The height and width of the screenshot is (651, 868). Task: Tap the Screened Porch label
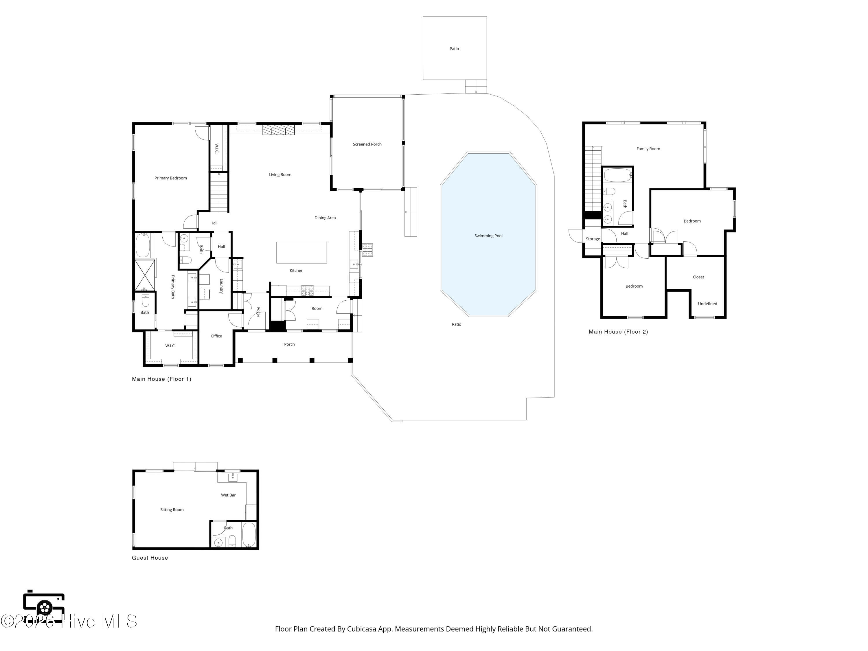pos(367,144)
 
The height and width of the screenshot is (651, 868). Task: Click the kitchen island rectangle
pos(301,253)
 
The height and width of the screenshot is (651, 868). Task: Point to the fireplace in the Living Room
pos(279,130)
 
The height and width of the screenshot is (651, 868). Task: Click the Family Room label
pos(648,149)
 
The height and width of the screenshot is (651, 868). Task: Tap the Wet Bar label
pos(228,495)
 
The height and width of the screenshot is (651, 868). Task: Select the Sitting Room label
pos(172,510)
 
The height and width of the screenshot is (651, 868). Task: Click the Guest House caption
pos(150,558)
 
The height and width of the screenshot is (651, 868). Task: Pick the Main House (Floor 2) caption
pos(618,332)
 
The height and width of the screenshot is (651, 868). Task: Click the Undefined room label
pos(707,304)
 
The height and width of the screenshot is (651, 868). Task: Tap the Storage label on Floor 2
pos(593,239)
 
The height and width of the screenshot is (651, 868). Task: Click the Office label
pos(217,336)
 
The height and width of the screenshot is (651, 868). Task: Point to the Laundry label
pos(221,286)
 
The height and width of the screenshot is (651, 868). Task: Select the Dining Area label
pos(325,218)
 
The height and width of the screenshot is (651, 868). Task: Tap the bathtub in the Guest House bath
pos(249,534)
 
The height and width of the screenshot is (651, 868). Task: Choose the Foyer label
pos(258,312)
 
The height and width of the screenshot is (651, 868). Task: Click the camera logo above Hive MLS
pos(44,607)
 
